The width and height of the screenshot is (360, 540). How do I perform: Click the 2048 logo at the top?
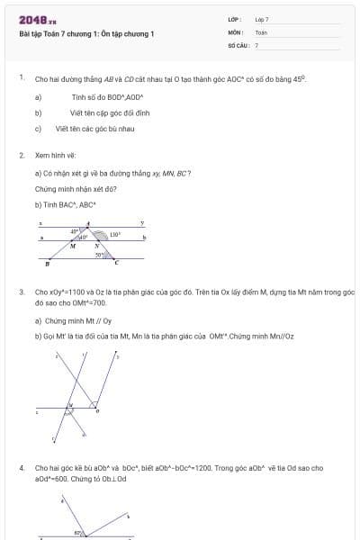33,19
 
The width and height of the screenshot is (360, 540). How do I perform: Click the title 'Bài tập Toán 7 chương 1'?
87,33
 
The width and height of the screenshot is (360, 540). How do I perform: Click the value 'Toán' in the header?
261,31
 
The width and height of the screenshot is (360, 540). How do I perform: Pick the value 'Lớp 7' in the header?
262,19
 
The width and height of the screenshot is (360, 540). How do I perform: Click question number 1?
22,78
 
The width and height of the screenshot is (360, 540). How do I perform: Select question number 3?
22,292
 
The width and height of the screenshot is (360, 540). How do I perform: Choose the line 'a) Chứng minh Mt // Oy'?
73,320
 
